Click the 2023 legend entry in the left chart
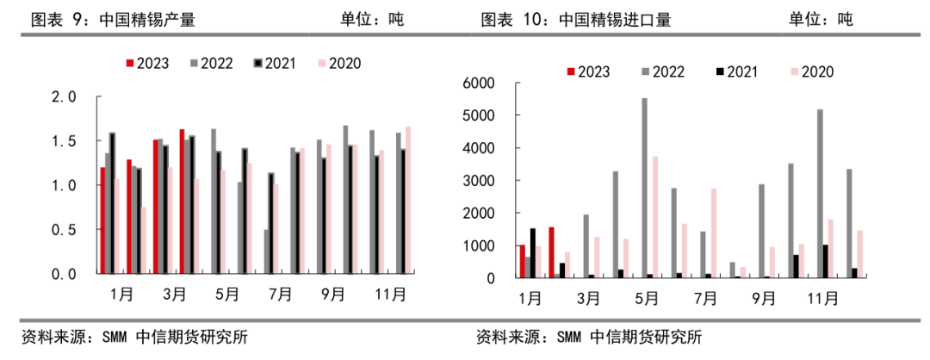(147, 63)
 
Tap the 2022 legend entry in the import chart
(662, 72)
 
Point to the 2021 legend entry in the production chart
(275, 63)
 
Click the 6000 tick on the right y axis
(479, 83)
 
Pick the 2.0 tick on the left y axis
(65, 96)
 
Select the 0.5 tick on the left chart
(65, 229)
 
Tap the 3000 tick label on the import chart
(479, 181)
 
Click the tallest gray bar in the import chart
(645, 188)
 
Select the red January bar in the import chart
(522, 261)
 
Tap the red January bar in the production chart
(102, 220)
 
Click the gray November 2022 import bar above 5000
(819, 194)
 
